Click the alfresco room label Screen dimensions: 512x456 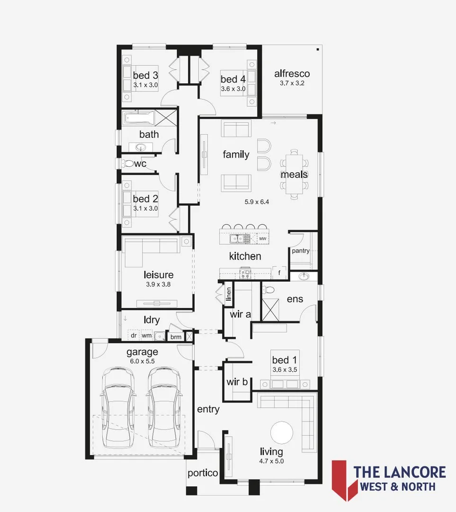292,73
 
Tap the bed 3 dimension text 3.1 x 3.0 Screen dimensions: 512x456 145,85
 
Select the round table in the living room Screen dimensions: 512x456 282,432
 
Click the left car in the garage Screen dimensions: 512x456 117,406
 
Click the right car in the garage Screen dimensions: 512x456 163,406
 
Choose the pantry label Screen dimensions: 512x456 301,251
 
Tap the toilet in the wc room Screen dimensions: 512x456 127,164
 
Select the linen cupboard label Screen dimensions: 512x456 229,294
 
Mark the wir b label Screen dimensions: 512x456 237,381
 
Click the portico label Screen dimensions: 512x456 203,473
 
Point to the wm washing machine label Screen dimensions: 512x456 147,336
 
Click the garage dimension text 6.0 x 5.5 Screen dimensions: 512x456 142,361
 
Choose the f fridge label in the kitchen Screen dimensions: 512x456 279,273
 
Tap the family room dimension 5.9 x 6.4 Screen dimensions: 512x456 257,201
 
